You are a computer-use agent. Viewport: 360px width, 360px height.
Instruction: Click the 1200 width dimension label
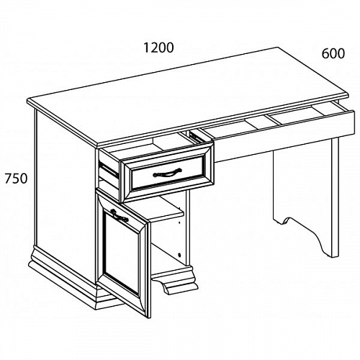click(158, 48)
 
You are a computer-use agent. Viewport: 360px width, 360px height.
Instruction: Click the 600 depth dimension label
click(333, 53)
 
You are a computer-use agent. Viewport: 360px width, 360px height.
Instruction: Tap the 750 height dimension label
click(16, 179)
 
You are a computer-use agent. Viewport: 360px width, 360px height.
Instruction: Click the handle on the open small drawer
click(167, 173)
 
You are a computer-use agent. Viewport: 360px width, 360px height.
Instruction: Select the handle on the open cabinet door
click(120, 215)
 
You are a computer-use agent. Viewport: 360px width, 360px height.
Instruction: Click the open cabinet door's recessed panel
click(122, 255)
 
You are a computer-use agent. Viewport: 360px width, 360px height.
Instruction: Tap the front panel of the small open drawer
click(167, 173)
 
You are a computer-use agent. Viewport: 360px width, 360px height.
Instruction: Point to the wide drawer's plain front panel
click(283, 137)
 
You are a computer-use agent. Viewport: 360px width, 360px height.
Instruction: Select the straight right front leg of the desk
click(336, 197)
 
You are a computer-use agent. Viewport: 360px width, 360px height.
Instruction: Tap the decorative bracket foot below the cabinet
click(174, 282)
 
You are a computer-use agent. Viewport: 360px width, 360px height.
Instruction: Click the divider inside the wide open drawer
click(272, 119)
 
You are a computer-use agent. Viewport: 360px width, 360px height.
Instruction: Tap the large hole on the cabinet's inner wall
click(179, 254)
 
